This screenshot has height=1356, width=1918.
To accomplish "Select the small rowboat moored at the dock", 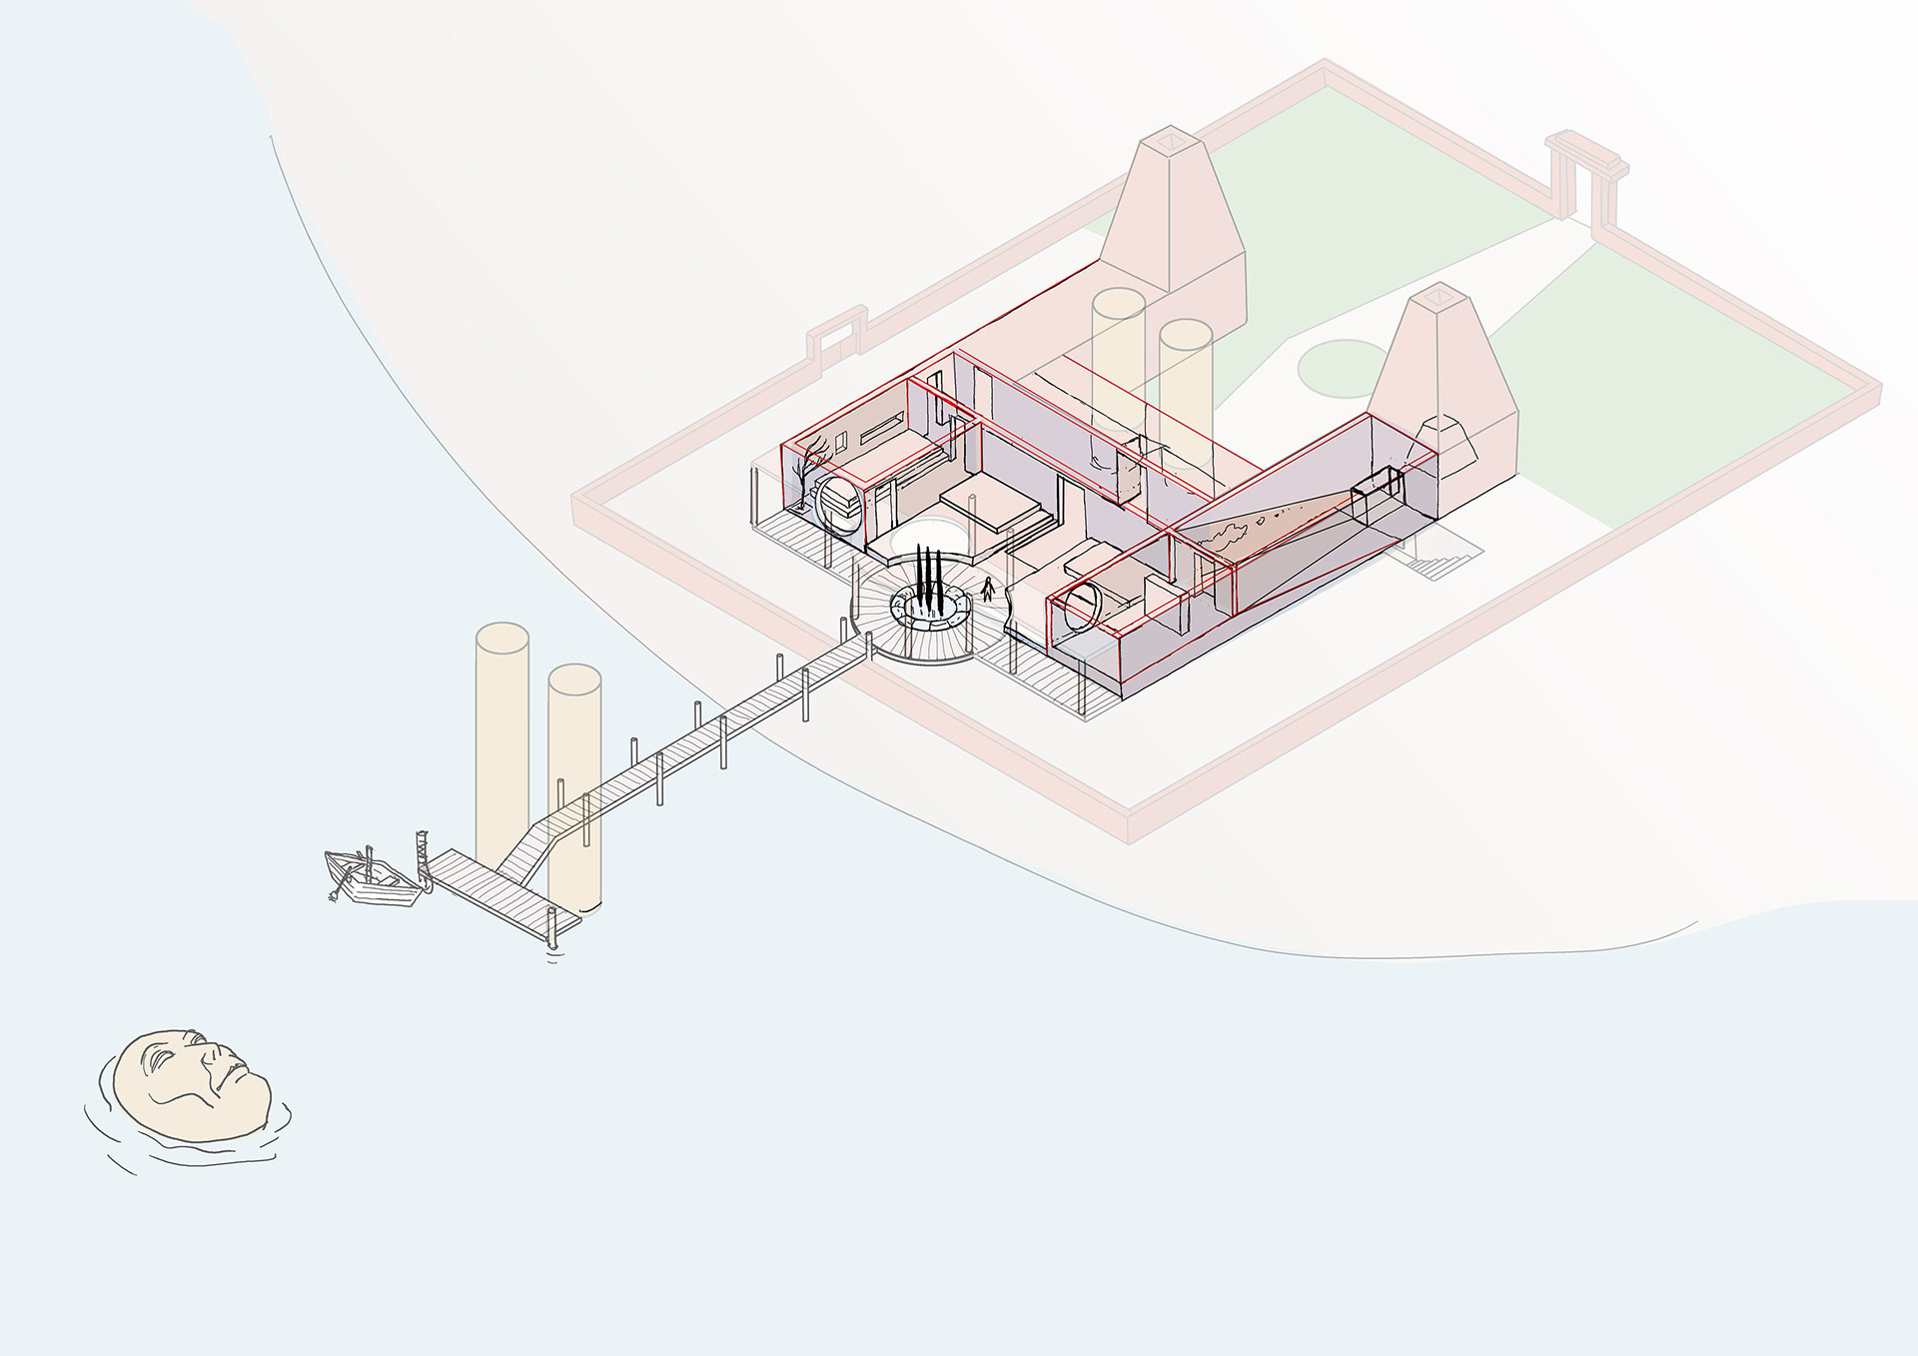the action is pyautogui.click(x=370, y=879).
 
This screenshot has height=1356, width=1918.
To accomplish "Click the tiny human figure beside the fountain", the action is pyautogui.click(x=988, y=589).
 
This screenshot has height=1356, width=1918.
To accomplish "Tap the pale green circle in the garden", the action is pyautogui.click(x=1345, y=369).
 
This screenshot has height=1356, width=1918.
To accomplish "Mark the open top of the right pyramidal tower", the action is pyautogui.click(x=1438, y=296).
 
